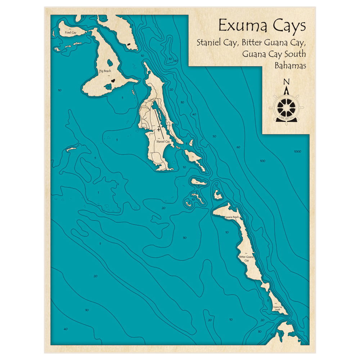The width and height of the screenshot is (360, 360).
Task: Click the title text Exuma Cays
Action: coord(262,26)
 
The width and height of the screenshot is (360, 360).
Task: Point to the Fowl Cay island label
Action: coord(71,33)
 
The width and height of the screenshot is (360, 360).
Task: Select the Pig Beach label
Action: coord(105,71)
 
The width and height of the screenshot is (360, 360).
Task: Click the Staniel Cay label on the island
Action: coord(163,141)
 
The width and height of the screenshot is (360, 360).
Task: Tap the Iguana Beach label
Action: coord(231,217)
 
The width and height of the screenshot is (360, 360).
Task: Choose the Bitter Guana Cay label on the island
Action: coord(247,258)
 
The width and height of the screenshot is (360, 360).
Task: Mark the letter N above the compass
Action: coord(287,82)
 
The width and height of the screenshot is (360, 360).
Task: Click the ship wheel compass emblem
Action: coord(287,107)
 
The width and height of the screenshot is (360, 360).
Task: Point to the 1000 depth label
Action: coord(297,152)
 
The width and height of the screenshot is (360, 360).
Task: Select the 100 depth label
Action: coord(262,161)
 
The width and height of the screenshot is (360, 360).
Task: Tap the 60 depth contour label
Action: coord(238,147)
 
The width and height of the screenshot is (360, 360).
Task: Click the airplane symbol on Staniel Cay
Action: coord(159,129)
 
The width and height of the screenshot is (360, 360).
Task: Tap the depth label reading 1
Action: coord(98,193)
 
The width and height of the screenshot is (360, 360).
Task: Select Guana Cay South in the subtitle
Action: coord(274,54)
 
